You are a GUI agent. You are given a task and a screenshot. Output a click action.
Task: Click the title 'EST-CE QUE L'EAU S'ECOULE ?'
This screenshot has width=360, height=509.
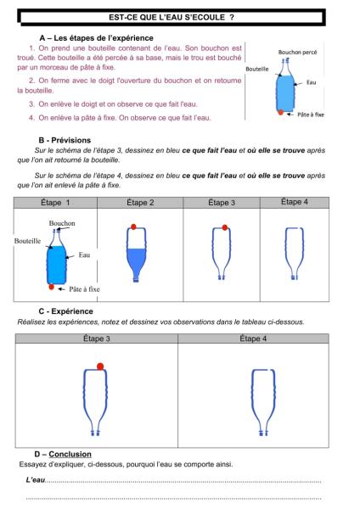[x=172, y=17]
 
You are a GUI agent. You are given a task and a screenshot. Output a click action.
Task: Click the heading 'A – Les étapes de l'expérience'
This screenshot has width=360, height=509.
[x=96, y=38]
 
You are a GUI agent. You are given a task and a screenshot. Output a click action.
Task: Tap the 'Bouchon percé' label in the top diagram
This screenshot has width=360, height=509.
[x=297, y=52]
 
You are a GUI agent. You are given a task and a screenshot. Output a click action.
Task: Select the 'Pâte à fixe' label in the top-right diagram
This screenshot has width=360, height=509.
[x=311, y=115]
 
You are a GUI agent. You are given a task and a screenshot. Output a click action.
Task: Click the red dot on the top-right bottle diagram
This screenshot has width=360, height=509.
[x=281, y=112]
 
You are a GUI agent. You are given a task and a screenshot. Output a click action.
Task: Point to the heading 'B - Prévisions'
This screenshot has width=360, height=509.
[x=65, y=140]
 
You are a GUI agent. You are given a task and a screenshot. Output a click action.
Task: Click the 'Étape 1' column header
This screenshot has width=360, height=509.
[x=55, y=203]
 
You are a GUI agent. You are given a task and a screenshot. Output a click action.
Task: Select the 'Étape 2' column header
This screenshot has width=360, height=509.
[x=140, y=203]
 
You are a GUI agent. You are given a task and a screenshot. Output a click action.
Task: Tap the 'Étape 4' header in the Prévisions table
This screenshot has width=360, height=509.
[x=295, y=202]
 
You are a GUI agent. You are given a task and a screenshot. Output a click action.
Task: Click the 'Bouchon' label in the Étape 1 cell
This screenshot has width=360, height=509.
[x=62, y=223]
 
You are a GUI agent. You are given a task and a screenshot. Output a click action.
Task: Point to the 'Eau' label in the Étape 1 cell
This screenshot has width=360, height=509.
[x=84, y=255]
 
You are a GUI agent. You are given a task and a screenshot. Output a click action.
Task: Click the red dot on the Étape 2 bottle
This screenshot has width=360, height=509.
[x=133, y=227]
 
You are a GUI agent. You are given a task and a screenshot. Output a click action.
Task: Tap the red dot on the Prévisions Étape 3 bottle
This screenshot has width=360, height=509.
[x=224, y=227]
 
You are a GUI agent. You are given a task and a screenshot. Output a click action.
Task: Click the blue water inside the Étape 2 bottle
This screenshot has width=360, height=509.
[x=136, y=260]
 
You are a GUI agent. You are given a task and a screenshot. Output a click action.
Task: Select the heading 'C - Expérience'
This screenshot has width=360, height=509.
[x=65, y=311]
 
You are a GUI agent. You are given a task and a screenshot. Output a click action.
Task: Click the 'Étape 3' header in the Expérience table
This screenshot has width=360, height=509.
[x=97, y=338]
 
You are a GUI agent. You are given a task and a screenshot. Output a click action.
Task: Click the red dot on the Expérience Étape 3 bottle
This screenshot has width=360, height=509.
[x=100, y=366]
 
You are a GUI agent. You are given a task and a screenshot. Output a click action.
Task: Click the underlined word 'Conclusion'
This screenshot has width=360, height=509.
[x=70, y=454]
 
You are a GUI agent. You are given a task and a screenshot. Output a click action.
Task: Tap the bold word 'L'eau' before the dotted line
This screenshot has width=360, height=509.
[x=35, y=480]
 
